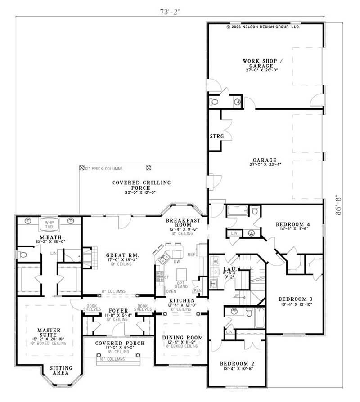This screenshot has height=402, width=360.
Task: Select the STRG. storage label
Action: click(215, 136)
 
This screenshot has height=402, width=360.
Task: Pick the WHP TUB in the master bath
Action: click(49, 224)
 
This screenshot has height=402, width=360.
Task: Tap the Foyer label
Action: click(115, 311)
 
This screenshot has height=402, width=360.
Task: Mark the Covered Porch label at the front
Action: click(119, 343)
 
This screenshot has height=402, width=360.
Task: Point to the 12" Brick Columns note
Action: click(104, 169)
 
